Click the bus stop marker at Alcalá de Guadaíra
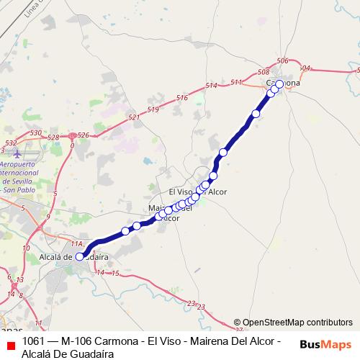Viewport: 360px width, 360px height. click(x=80, y=255)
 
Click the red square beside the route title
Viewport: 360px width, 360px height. click(x=9, y=346)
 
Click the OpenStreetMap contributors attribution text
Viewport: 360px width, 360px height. click(x=293, y=323)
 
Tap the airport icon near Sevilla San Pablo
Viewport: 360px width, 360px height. click(x=18, y=154)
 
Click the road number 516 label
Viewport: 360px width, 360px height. click(x=181, y=98)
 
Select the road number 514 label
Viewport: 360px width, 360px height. click(x=211, y=86)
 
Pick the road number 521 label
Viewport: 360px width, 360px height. click(x=132, y=117)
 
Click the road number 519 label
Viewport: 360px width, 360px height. click(x=153, y=109)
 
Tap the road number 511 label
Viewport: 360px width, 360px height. click(x=236, y=83)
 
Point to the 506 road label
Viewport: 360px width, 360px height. click(x=282, y=61)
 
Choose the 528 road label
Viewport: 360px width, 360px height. click(x=53, y=137)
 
